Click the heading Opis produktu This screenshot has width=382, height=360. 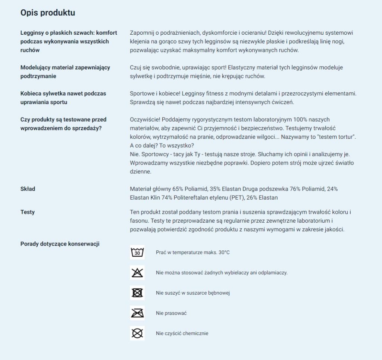click(47, 13)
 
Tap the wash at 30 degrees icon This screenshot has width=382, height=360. click(137, 253)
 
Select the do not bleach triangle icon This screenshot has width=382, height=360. click(137, 273)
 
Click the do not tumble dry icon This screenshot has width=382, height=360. click(137, 293)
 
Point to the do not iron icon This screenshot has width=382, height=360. click(137, 313)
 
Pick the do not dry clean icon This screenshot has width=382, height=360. click(137, 333)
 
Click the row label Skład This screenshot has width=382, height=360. click(28, 189)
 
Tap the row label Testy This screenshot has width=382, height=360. click(27, 212)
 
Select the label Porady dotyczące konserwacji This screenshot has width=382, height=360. click(60, 244)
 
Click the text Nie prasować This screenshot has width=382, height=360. click(171, 313)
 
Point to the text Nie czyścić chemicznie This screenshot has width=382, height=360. click(182, 333)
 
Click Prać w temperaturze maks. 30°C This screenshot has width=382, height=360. click(192, 253)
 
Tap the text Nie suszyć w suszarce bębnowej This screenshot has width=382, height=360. click(192, 293)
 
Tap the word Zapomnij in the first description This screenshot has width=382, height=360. click(142, 33)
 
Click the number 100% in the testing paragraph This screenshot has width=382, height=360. click(288, 120)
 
